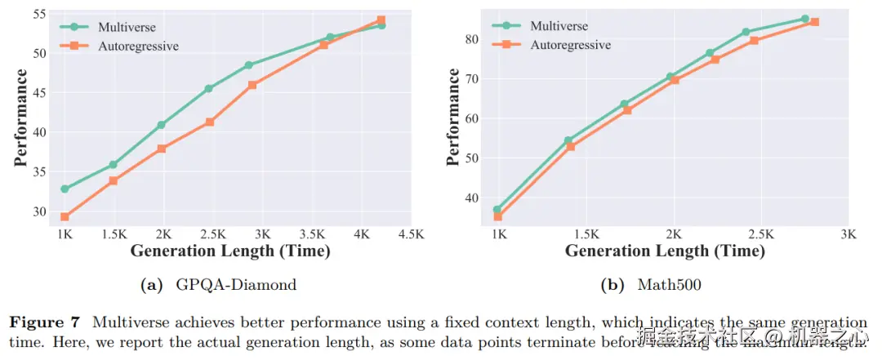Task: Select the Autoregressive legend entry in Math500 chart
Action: click(x=570, y=45)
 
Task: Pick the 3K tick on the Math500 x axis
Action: click(x=849, y=234)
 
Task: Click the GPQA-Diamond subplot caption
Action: click(x=218, y=285)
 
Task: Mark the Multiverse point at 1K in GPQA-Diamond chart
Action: click(x=65, y=189)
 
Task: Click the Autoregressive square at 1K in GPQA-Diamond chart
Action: click(x=65, y=217)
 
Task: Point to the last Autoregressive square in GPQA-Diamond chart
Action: click(x=381, y=20)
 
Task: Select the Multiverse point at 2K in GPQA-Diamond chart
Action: click(x=161, y=125)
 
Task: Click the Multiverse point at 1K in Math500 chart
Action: click(x=497, y=210)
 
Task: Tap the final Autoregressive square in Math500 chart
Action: click(x=814, y=22)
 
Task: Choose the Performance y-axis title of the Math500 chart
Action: click(x=453, y=118)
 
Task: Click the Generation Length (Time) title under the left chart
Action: click(x=230, y=251)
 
